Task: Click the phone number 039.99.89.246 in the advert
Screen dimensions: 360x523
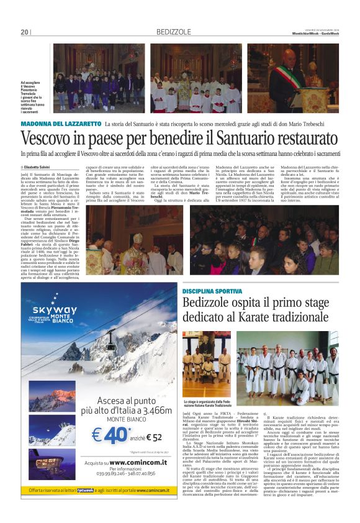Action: point(97,473)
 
